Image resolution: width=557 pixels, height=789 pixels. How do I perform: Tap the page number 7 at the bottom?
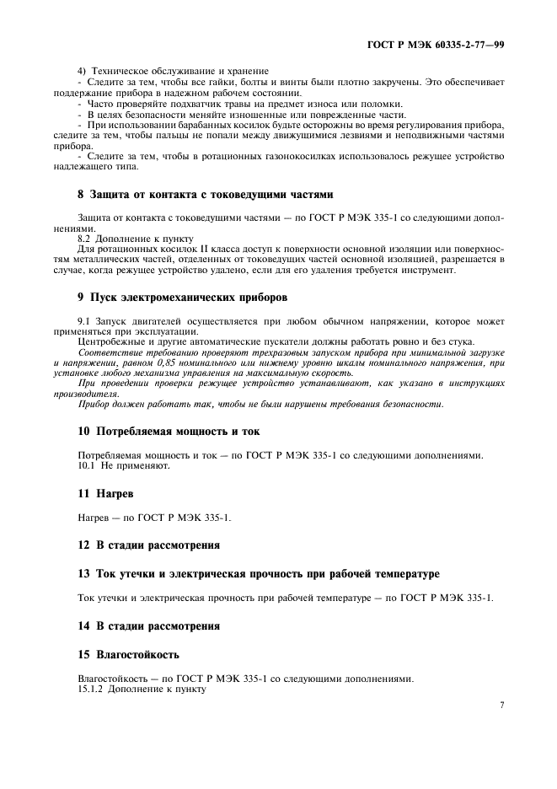(x=501, y=705)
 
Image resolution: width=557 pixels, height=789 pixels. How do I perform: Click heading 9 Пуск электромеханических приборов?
(x=182, y=297)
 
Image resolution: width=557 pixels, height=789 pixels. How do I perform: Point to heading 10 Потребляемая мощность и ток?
(x=169, y=431)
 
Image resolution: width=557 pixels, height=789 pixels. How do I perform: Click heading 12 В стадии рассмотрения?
(x=148, y=545)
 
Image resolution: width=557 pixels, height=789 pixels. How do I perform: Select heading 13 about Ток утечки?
(x=258, y=574)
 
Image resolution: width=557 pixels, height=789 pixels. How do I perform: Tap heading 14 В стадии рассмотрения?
(x=148, y=626)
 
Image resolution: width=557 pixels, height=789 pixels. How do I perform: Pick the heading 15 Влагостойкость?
(x=128, y=653)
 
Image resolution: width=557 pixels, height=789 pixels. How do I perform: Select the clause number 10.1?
(x=88, y=464)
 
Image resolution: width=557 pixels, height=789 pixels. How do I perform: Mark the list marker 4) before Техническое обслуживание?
(x=83, y=70)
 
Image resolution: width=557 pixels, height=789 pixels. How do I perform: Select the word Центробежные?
(x=110, y=341)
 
